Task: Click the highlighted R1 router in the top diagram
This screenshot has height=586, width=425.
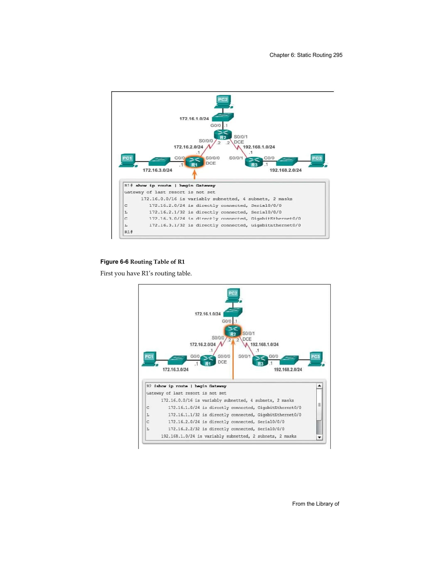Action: [x=195, y=162]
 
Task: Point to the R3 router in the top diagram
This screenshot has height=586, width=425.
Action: [x=254, y=162]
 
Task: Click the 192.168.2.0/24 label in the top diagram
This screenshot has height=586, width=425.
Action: [x=286, y=170]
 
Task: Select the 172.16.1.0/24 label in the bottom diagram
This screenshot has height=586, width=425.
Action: [x=208, y=314]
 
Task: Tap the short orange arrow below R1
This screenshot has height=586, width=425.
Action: [x=195, y=174]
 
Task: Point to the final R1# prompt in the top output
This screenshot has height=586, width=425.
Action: [x=128, y=232]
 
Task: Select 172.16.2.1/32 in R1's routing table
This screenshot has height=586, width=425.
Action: [x=167, y=212]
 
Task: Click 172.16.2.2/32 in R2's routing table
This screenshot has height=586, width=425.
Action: [x=184, y=429]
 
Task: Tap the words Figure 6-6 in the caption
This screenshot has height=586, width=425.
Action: [x=114, y=262]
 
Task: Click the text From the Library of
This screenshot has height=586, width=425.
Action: [x=315, y=504]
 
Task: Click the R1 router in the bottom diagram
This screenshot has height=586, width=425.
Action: [x=208, y=360]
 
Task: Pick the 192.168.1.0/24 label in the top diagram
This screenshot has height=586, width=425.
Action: [x=259, y=147]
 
